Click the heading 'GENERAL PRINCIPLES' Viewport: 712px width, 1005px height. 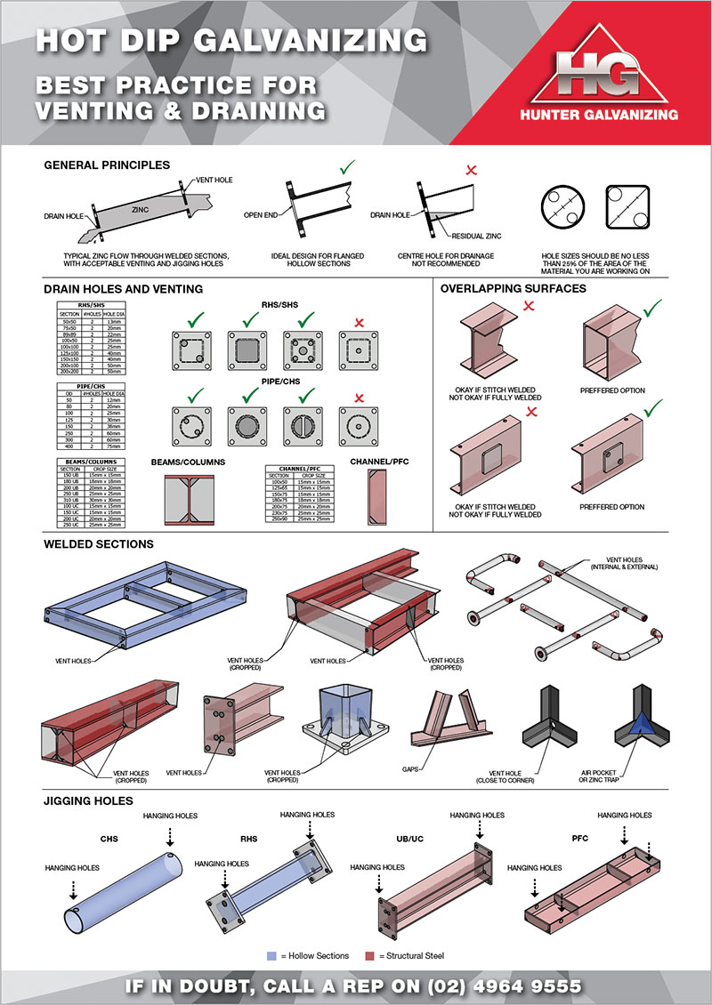(x=106, y=165)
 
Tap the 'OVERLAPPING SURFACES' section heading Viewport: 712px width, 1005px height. (x=514, y=288)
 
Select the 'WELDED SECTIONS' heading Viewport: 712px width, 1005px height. (x=98, y=543)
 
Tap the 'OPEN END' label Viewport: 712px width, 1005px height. (x=261, y=215)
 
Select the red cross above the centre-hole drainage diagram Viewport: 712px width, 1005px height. (x=461, y=168)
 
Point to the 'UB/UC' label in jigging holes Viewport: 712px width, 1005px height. (x=409, y=838)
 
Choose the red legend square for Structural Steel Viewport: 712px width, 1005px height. (x=370, y=955)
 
